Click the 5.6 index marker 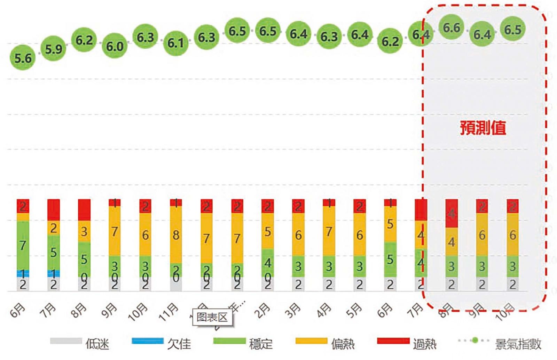point(23,58)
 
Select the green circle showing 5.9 point(53,49)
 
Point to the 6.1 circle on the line point(176,42)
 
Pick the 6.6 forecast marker point(452,27)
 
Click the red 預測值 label point(483,128)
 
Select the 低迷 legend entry point(80,343)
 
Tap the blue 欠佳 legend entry point(162,343)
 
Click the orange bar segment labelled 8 point(176,235)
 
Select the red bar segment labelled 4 point(452,213)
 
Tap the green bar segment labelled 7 point(23,245)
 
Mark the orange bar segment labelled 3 point(84,231)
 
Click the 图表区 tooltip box point(212,317)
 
